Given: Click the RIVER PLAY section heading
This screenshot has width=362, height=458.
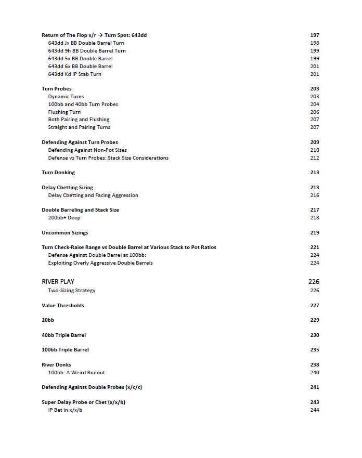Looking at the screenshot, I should tap(58, 282).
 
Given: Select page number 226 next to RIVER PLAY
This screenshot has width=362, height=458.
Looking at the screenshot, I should tap(314, 282).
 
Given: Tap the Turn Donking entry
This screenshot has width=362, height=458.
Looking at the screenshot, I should tap(58, 173).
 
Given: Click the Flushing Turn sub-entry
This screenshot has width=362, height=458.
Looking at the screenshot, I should tap(64, 112).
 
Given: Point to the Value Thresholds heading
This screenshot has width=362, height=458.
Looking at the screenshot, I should tap(63, 306).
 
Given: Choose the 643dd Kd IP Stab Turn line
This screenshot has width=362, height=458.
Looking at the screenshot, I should tap(75, 74).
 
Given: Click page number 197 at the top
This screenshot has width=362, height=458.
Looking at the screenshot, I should tap(315, 35).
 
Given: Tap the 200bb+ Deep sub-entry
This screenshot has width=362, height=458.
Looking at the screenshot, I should tap(64, 218).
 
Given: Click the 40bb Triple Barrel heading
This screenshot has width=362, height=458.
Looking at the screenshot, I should tap(64, 335).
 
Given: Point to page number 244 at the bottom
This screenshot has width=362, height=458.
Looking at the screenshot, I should tap(315, 410).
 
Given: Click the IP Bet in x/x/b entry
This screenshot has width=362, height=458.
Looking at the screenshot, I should tap(66, 410).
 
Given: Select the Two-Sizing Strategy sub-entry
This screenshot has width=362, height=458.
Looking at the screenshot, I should tap(72, 291).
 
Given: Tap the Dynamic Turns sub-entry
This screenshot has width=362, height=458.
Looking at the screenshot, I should tap(66, 97).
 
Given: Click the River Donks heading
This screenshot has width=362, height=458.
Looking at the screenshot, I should tap(56, 365).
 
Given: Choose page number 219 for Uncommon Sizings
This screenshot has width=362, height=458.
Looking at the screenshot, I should tap(315, 233).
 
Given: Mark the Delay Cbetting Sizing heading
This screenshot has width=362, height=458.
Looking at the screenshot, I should tap(68, 188).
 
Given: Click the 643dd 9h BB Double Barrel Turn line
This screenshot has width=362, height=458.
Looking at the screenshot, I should tap(87, 51).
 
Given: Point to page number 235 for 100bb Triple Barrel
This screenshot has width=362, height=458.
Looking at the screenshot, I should tap(315, 350).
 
